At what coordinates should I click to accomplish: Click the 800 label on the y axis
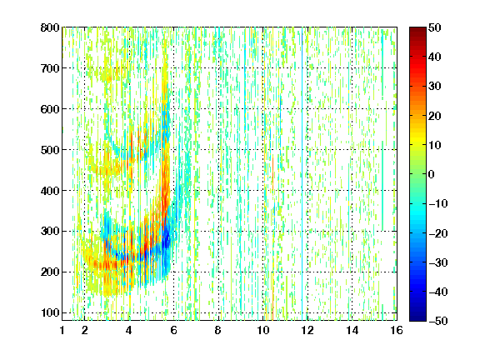[50, 27]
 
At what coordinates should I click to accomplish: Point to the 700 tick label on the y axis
[50, 68]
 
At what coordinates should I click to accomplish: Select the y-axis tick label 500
[50, 150]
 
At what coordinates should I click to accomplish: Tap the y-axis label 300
[50, 232]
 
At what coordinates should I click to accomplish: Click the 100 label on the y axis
[50, 312]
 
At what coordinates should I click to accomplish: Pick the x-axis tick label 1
[62, 330]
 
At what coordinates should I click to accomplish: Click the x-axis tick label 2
[85, 330]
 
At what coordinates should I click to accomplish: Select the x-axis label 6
[174, 330]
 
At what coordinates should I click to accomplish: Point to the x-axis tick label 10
[263, 330]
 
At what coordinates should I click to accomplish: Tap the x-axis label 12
[307, 330]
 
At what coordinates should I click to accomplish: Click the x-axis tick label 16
[397, 330]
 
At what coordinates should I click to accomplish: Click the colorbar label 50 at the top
[434, 27]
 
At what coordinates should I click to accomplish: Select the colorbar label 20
[434, 116]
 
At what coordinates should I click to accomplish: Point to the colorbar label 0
[432, 174]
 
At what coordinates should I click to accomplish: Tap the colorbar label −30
[438, 262]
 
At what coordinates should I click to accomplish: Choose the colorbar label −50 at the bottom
[438, 321]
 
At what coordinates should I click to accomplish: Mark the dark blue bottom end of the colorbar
[417, 318]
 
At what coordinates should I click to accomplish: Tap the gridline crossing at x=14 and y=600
[352, 109]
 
